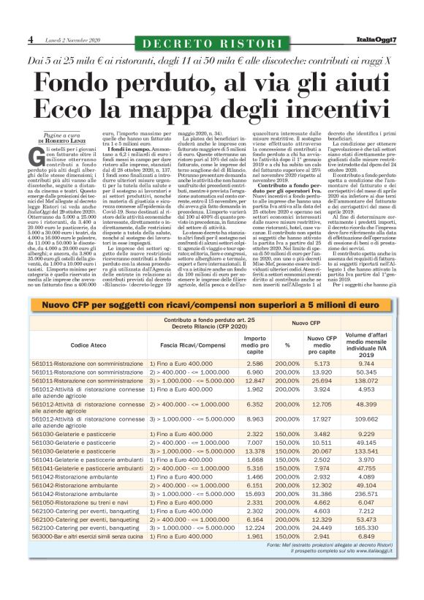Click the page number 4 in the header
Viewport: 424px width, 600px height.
click(x=31, y=39)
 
